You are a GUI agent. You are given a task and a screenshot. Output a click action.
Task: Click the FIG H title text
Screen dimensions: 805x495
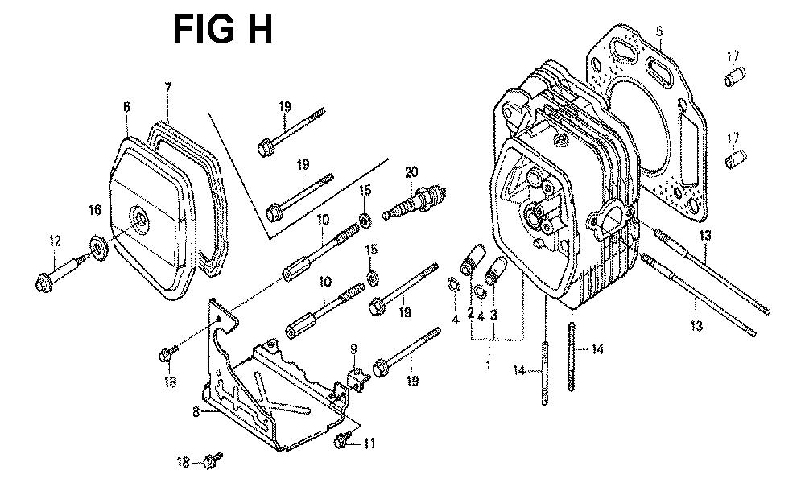click(x=223, y=29)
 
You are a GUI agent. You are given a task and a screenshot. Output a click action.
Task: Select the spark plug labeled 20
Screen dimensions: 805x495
click(x=415, y=201)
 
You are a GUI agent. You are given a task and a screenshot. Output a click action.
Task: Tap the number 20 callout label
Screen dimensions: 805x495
click(x=411, y=172)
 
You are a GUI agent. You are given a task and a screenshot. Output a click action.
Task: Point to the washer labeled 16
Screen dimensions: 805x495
click(x=98, y=248)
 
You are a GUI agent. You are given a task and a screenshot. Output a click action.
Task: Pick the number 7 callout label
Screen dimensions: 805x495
click(x=167, y=87)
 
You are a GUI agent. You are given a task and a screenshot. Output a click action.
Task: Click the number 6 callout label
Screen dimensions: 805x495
click(x=126, y=107)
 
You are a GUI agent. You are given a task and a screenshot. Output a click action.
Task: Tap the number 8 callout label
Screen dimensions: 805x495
click(x=196, y=412)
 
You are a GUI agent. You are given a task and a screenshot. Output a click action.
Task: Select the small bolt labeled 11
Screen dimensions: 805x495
click(x=343, y=439)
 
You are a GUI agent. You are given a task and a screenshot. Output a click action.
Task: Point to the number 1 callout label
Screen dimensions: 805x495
click(x=489, y=365)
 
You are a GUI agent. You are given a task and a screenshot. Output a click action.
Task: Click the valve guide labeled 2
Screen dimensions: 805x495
click(x=473, y=260)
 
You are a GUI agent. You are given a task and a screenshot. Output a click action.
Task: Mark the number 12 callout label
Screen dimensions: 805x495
click(x=55, y=241)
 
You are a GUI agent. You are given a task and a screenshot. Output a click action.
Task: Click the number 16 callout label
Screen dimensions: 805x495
click(x=95, y=210)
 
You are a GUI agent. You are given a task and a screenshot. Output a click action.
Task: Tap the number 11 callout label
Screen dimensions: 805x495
click(x=369, y=443)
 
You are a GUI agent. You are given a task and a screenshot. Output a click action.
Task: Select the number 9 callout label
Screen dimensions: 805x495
click(x=353, y=350)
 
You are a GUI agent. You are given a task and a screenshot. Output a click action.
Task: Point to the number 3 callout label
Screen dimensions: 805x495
click(x=493, y=316)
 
